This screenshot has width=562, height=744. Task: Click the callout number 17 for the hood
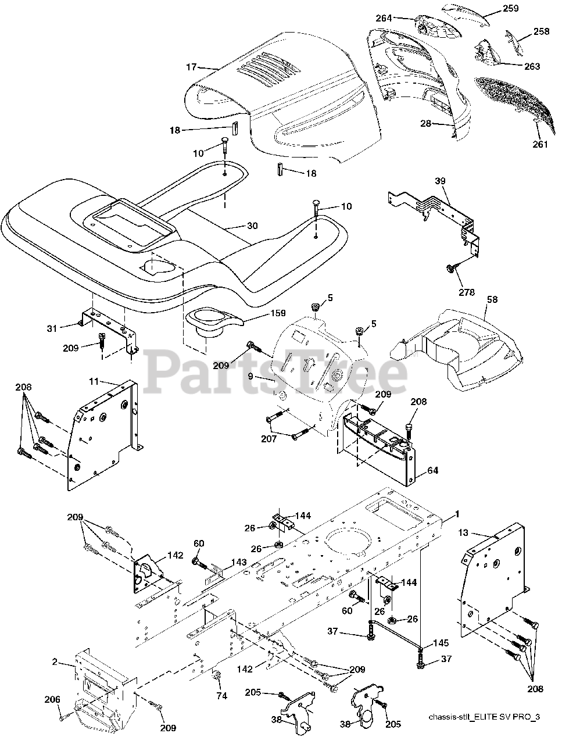coord(191,67)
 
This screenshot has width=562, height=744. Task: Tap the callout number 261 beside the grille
coord(540,144)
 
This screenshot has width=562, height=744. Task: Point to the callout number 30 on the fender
coord(251,226)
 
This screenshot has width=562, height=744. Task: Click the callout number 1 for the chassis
coord(457,514)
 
